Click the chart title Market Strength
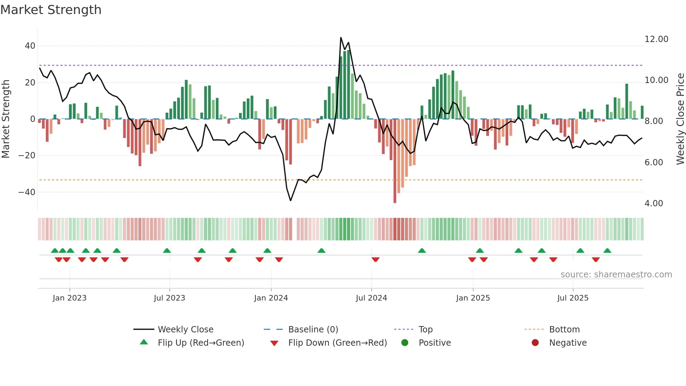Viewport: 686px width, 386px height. point(51,10)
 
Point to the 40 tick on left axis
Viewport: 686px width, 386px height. point(30,46)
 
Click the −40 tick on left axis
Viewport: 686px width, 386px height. point(27,192)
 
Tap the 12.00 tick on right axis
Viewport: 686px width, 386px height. point(656,39)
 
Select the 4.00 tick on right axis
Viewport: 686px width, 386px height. point(653,204)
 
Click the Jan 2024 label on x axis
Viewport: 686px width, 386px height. point(271,298)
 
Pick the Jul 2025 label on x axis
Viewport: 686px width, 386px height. point(573,298)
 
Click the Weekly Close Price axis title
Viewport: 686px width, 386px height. point(680,119)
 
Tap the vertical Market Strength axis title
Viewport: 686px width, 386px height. point(6,119)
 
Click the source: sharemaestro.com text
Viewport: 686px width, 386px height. point(616,275)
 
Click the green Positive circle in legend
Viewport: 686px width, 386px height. point(405,343)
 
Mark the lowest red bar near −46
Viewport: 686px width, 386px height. point(395,201)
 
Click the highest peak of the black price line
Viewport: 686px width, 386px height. point(341,37)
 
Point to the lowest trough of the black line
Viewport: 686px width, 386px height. point(290,200)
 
